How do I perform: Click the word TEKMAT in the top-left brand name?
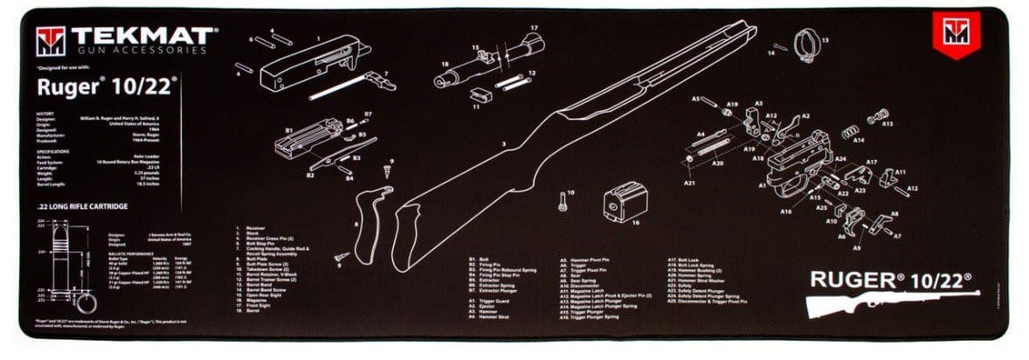[x=140, y=36]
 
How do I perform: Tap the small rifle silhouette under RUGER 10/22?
[x=890, y=302]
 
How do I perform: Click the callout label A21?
[x=689, y=183]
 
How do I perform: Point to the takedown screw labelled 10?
[x=564, y=199]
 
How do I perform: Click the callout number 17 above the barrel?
[x=534, y=28]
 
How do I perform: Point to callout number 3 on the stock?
[x=503, y=142]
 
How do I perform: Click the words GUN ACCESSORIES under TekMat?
[x=140, y=51]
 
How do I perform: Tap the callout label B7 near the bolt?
[x=368, y=114]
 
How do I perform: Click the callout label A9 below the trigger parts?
[x=857, y=248]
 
